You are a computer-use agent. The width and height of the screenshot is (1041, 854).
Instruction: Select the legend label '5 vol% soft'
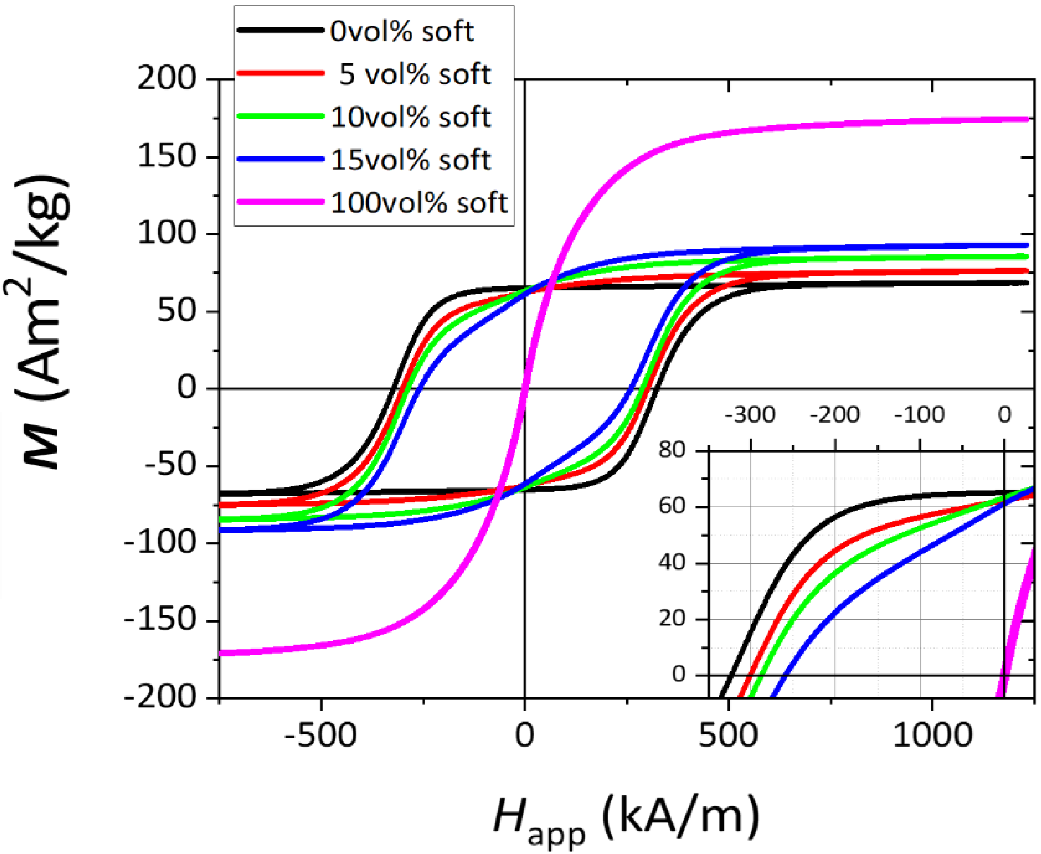coord(415,74)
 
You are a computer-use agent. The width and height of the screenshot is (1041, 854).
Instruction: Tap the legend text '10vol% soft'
coord(411,117)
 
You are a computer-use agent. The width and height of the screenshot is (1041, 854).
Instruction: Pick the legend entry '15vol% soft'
coord(411,160)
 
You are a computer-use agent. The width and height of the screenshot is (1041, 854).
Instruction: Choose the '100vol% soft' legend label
coord(419,203)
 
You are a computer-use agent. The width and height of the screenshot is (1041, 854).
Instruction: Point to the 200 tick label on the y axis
coord(166,79)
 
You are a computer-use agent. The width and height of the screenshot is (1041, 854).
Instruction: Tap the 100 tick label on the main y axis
coord(166,234)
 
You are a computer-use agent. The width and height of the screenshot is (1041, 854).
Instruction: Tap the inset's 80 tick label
coord(672,450)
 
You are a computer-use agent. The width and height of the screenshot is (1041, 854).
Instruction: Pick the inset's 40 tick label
coord(672,563)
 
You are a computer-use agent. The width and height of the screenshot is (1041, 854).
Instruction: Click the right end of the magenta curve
coord(1028,119)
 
